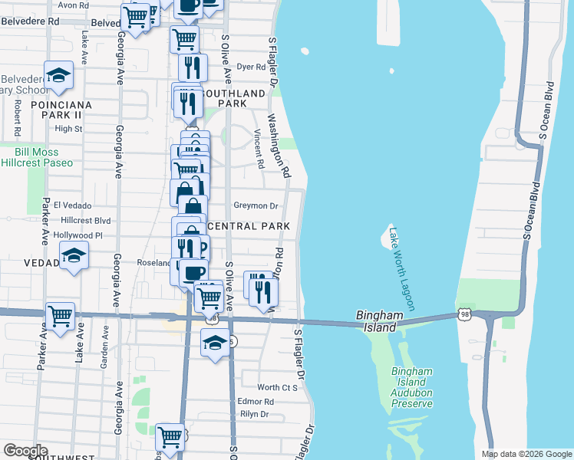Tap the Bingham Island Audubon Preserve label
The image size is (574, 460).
pyautogui.click(x=413, y=383)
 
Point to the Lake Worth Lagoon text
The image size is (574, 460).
pyautogui.click(x=402, y=268)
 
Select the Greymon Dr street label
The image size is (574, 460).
pyautogui.click(x=256, y=205)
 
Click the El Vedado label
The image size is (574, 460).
pyautogui.click(x=73, y=205)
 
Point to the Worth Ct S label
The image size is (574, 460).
pyautogui.click(x=277, y=388)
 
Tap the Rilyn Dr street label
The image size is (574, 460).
pyautogui.click(x=254, y=414)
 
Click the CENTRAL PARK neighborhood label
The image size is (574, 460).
pyautogui.click(x=249, y=226)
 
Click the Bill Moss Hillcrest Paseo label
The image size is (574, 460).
pyautogui.click(x=38, y=157)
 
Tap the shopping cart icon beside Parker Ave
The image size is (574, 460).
pyautogui.click(x=60, y=314)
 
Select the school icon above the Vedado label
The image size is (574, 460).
pyautogui.click(x=74, y=255)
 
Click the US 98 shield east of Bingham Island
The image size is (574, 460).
pyautogui.click(x=464, y=314)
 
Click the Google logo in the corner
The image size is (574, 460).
pyautogui.click(x=25, y=451)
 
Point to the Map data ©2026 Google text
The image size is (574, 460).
pyautogui.click(x=526, y=454)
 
